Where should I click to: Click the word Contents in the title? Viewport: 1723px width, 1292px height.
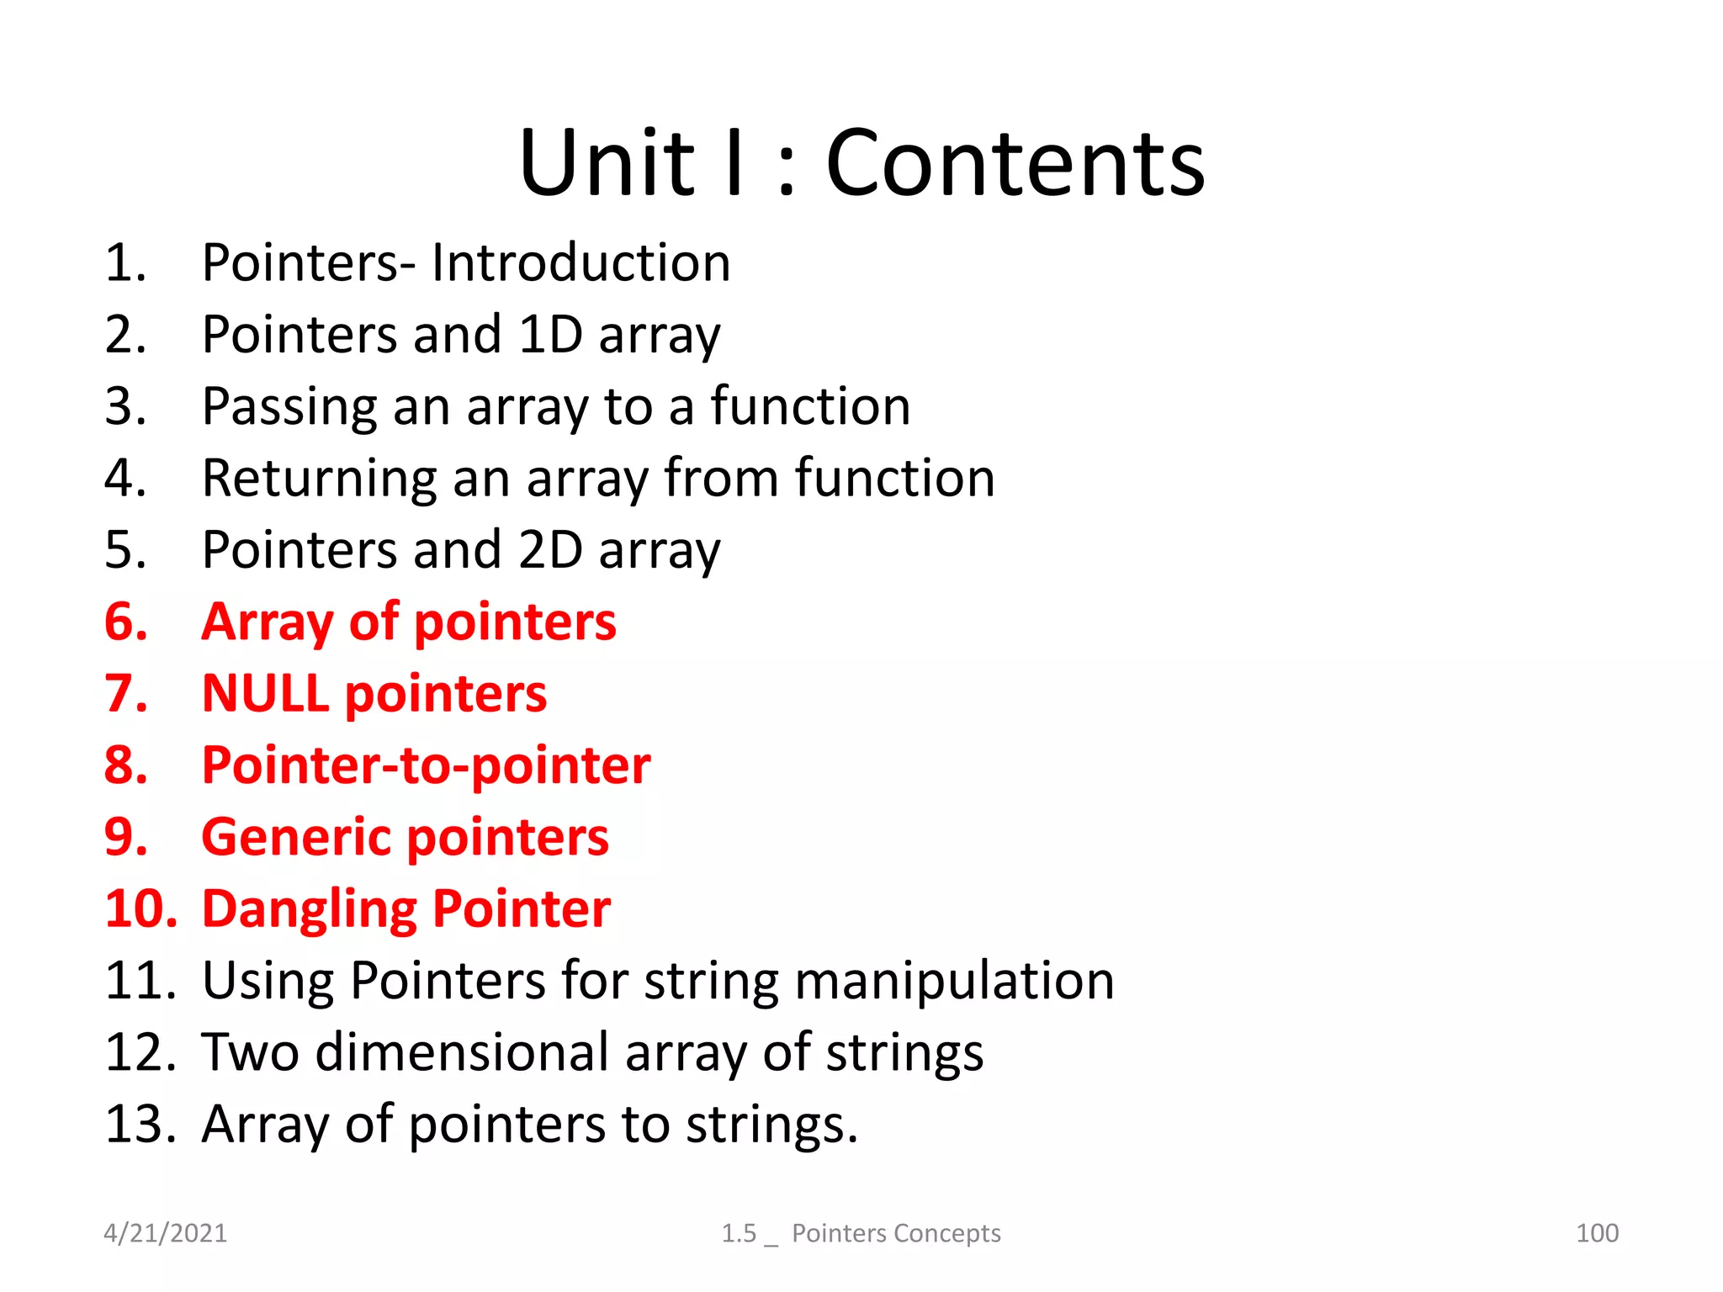[x=1015, y=163]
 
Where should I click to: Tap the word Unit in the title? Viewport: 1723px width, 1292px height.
[x=607, y=163]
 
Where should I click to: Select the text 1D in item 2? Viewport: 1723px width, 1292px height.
[x=550, y=335]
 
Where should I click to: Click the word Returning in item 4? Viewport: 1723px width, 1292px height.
[x=319, y=479]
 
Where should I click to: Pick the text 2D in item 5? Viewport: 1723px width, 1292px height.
[x=550, y=550]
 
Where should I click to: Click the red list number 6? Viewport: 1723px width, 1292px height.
[x=125, y=622]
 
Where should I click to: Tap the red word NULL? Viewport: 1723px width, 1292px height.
[x=265, y=694]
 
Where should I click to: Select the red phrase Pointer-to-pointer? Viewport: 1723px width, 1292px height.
[x=426, y=765]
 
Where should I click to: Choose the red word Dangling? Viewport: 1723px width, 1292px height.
[x=309, y=909]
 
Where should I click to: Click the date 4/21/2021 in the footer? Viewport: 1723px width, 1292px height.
[x=165, y=1233]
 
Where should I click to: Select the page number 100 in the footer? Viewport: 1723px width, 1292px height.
[x=1597, y=1233]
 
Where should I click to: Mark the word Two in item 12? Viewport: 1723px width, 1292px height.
[x=250, y=1052]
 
